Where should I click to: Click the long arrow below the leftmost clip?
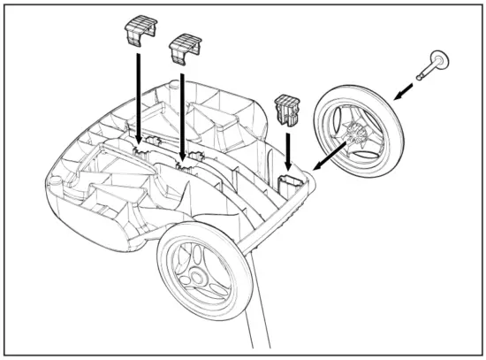pyautogui.click(x=137, y=97)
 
